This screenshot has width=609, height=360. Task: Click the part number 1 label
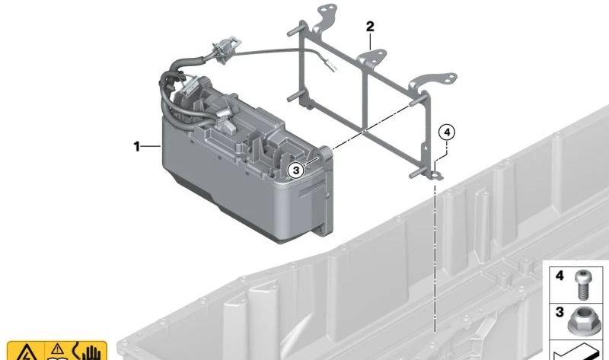[136, 146]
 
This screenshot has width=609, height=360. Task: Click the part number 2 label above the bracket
[370, 27]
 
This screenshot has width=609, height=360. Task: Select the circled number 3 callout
[296, 170]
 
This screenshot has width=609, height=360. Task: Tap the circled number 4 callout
[447, 132]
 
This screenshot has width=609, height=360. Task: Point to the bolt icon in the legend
[581, 285]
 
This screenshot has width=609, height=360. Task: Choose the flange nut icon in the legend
[579, 320]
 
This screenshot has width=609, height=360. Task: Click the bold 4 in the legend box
[560, 276]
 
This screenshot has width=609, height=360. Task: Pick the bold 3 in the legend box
[560, 312]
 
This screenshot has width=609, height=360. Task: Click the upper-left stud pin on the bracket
[295, 32]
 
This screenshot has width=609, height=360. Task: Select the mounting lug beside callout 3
[327, 152]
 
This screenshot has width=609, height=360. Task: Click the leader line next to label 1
[150, 146]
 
